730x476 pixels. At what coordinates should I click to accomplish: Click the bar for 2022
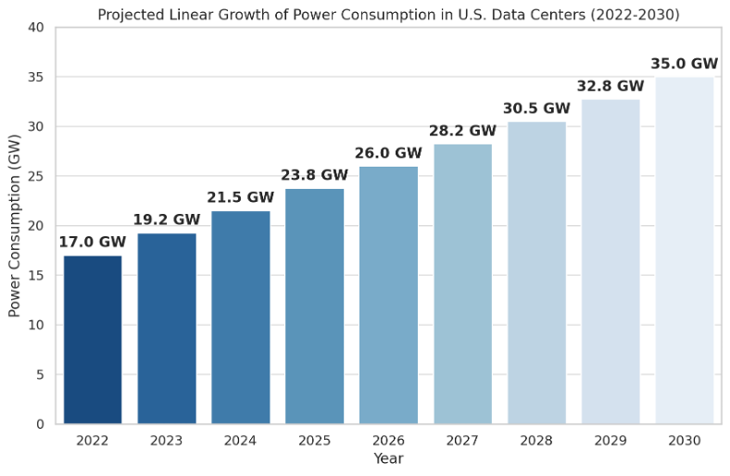[93, 340]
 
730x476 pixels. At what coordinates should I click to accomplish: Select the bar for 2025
[314, 307]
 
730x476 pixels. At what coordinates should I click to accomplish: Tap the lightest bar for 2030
[685, 250]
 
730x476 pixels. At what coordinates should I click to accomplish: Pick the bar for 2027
[462, 284]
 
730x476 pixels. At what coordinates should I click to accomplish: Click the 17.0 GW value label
[93, 243]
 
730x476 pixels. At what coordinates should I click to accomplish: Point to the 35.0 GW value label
[685, 64]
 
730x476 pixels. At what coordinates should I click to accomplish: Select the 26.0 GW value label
[388, 153]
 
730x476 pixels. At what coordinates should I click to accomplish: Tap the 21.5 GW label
[240, 197]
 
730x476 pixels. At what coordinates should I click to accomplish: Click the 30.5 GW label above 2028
[536, 108]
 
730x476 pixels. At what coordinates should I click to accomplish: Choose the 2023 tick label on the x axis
[167, 441]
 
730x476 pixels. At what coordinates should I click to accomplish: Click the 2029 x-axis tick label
[610, 441]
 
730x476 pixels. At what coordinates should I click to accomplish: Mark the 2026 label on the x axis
[388, 441]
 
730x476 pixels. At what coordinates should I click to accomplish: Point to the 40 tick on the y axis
[36, 28]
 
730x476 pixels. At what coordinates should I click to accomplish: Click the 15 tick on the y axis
[36, 276]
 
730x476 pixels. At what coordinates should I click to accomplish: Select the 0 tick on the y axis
[40, 424]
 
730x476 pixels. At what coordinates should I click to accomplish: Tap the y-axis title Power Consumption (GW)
[15, 226]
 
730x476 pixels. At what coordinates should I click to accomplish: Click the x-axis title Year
[388, 458]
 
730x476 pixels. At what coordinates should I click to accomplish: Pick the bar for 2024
[240, 318]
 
